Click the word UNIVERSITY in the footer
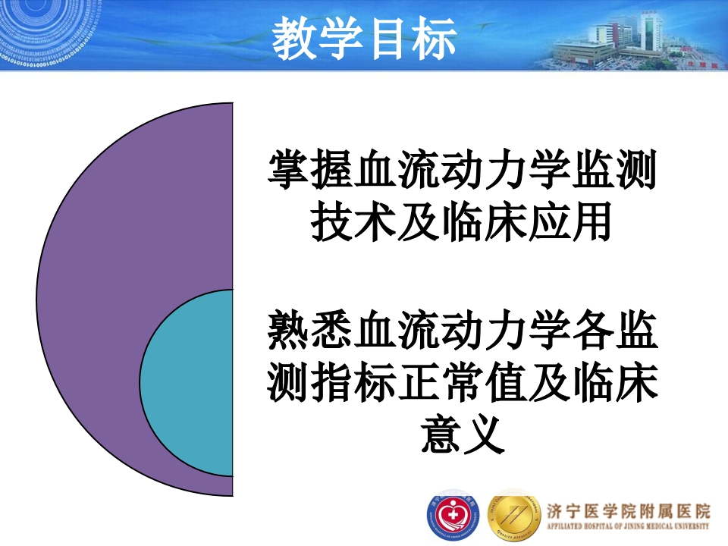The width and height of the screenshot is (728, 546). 689,526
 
